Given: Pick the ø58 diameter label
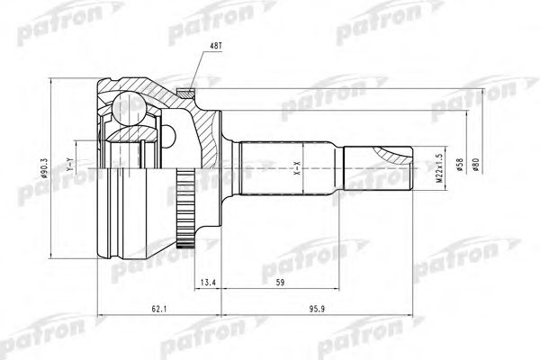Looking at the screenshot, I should [x=456, y=166].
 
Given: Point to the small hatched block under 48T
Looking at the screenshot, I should [x=186, y=90].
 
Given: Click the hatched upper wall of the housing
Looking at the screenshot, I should [x=148, y=90].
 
